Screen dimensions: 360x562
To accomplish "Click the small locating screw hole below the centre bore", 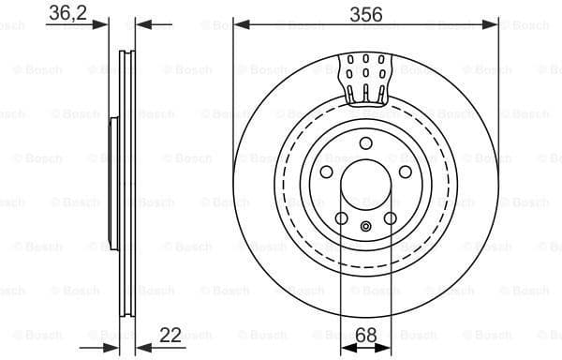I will (366, 226).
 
